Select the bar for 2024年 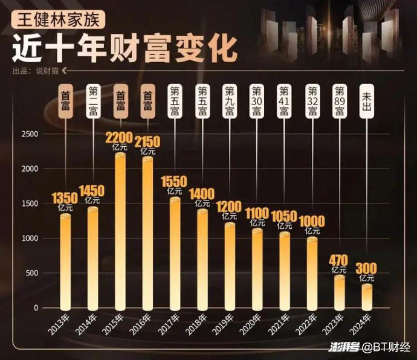367,296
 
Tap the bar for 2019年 230,266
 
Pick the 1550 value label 175,181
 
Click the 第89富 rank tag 340,101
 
